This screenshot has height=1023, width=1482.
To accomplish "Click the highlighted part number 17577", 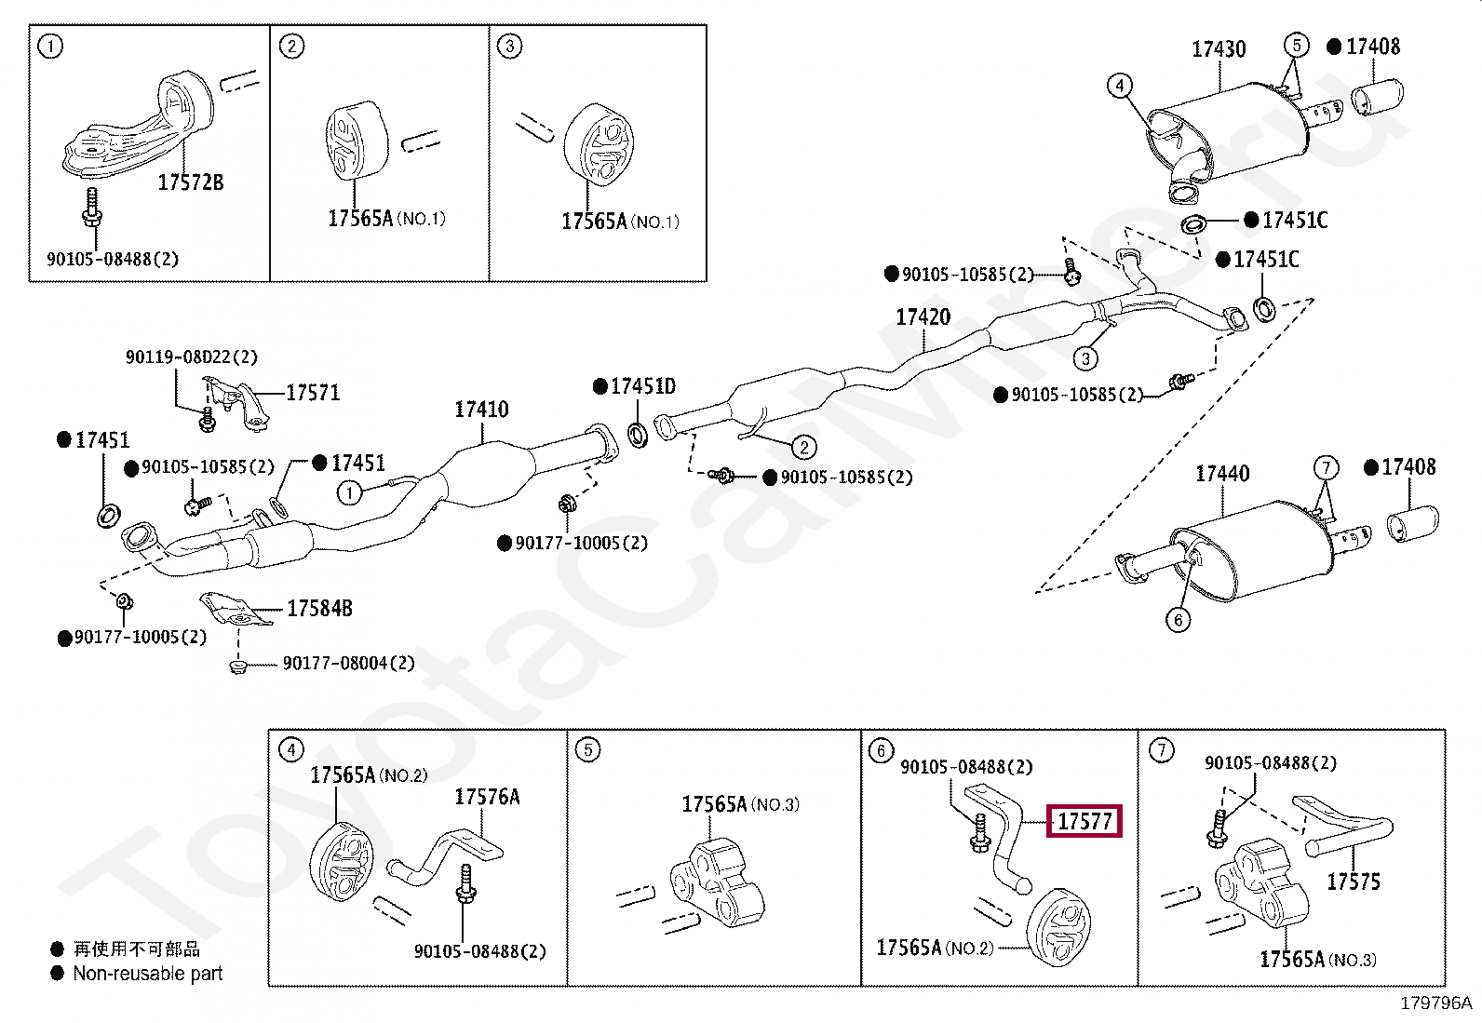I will coord(1085,822).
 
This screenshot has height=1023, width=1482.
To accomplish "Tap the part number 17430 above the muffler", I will coord(1219,48).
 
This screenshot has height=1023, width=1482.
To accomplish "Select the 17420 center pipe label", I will coord(923,317).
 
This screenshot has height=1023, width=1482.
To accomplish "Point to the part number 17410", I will coord(481,410).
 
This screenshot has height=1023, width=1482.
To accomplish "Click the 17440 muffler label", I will coord(1222,475).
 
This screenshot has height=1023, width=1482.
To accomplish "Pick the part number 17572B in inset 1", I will coord(190,182).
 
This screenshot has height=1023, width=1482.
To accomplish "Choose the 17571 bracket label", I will coord(313,393).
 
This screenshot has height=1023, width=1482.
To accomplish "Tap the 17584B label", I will coord(319,609).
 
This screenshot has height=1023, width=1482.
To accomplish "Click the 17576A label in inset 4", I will coord(487,797).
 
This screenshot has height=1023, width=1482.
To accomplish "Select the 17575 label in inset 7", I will coord(1353,882).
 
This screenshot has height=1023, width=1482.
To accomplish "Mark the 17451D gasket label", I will coord(642,386).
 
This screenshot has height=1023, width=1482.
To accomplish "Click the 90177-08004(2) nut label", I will coord(348,664).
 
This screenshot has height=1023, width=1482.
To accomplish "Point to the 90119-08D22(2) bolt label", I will coord(192,357).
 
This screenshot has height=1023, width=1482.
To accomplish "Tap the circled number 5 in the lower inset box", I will coord(587,749).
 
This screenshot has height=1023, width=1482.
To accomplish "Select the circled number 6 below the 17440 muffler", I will coord(1179,620).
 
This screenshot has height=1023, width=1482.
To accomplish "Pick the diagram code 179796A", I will coord(1435,1003).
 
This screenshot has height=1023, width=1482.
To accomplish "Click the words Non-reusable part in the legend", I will coord(148,974).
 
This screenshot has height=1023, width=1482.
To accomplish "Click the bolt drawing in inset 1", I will coord(92,209).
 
